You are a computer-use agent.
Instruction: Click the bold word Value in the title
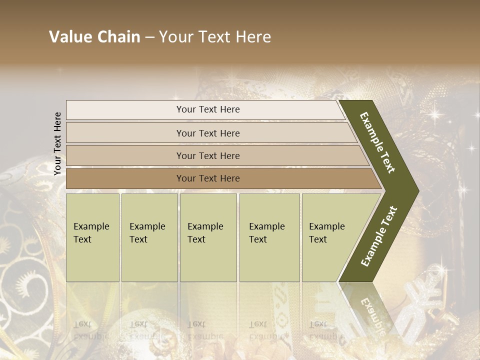click(x=69, y=37)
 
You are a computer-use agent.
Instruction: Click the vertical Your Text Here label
click(x=57, y=144)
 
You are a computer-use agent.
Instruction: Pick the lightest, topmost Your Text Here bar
click(x=208, y=109)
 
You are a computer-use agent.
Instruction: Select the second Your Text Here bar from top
click(x=208, y=133)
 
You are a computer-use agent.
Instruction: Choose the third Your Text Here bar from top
click(x=208, y=155)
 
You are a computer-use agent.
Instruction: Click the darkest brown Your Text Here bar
click(x=208, y=178)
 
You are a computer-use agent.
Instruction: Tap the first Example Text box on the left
click(x=92, y=237)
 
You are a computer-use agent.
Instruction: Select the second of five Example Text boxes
click(x=149, y=237)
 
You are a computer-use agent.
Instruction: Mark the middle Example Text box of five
click(x=208, y=237)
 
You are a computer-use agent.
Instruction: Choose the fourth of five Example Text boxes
click(x=269, y=237)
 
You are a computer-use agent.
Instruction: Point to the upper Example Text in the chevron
click(x=377, y=142)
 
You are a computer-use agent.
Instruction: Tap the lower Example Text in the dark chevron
click(x=378, y=236)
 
